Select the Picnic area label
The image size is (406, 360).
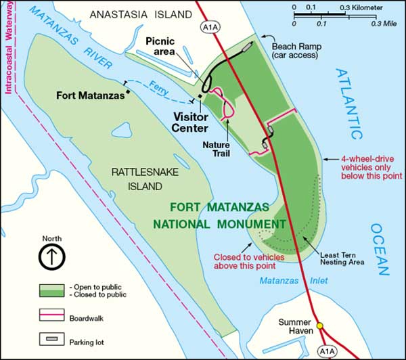point(160,47)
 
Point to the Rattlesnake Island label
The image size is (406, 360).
point(146,179)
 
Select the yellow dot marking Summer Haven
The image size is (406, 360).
point(320,325)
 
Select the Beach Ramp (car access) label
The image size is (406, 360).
point(294,51)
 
